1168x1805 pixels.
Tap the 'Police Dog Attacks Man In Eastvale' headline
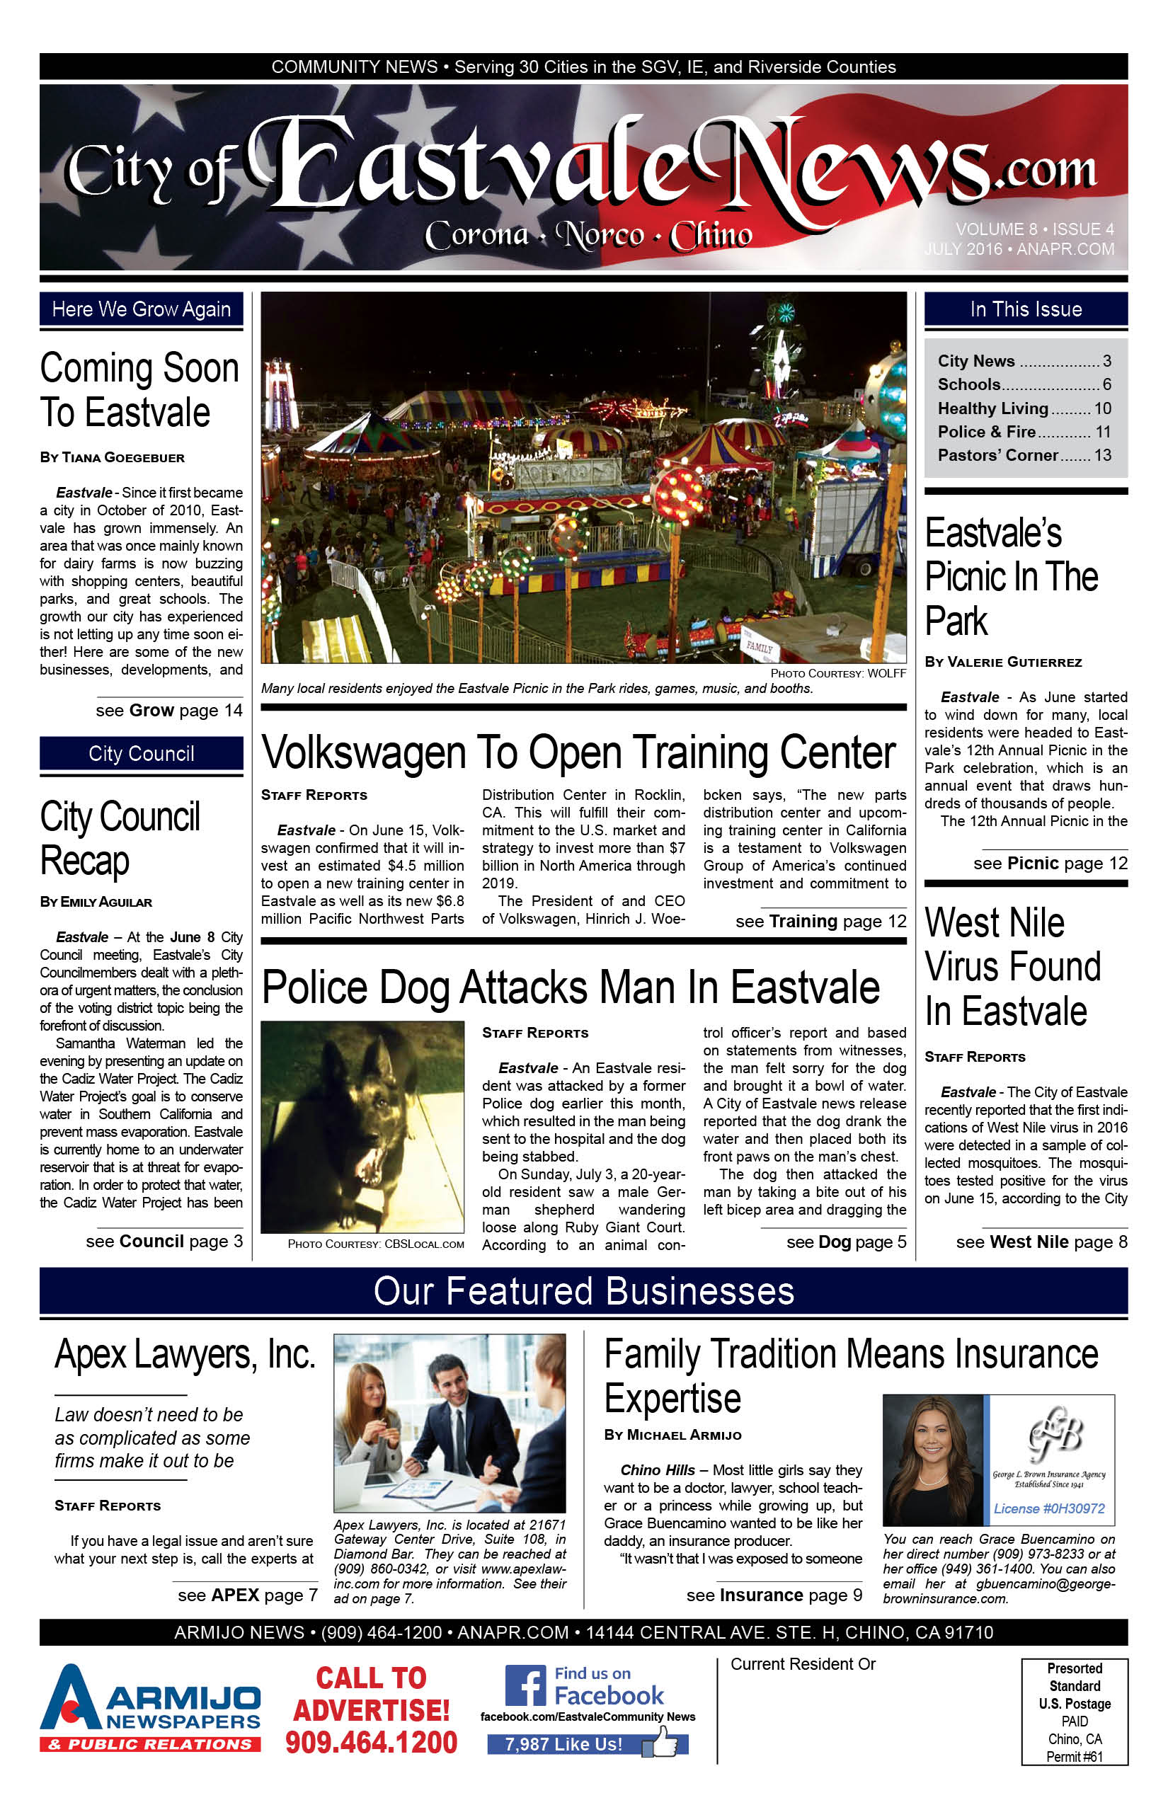(x=571, y=987)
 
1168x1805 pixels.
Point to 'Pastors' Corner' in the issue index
(x=997, y=455)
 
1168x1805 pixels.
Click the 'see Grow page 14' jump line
(x=169, y=711)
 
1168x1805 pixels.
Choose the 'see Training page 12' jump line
(x=820, y=922)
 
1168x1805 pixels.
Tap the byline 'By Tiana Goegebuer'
(x=113, y=457)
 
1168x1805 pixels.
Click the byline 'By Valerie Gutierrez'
(x=1002, y=662)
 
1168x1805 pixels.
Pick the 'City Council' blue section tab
(x=141, y=754)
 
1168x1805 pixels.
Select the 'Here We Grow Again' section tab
(x=141, y=309)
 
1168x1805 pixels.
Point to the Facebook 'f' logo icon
(x=525, y=1686)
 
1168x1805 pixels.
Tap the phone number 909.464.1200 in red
(x=372, y=1743)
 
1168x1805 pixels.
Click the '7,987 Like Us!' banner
(x=565, y=1744)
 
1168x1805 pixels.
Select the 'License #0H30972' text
(x=1049, y=1508)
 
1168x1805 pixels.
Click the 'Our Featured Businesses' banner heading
(x=583, y=1291)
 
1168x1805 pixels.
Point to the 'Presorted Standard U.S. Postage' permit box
(x=1074, y=1712)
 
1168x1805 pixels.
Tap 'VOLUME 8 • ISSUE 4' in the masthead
(x=1034, y=229)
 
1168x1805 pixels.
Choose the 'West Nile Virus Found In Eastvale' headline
(x=1012, y=967)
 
